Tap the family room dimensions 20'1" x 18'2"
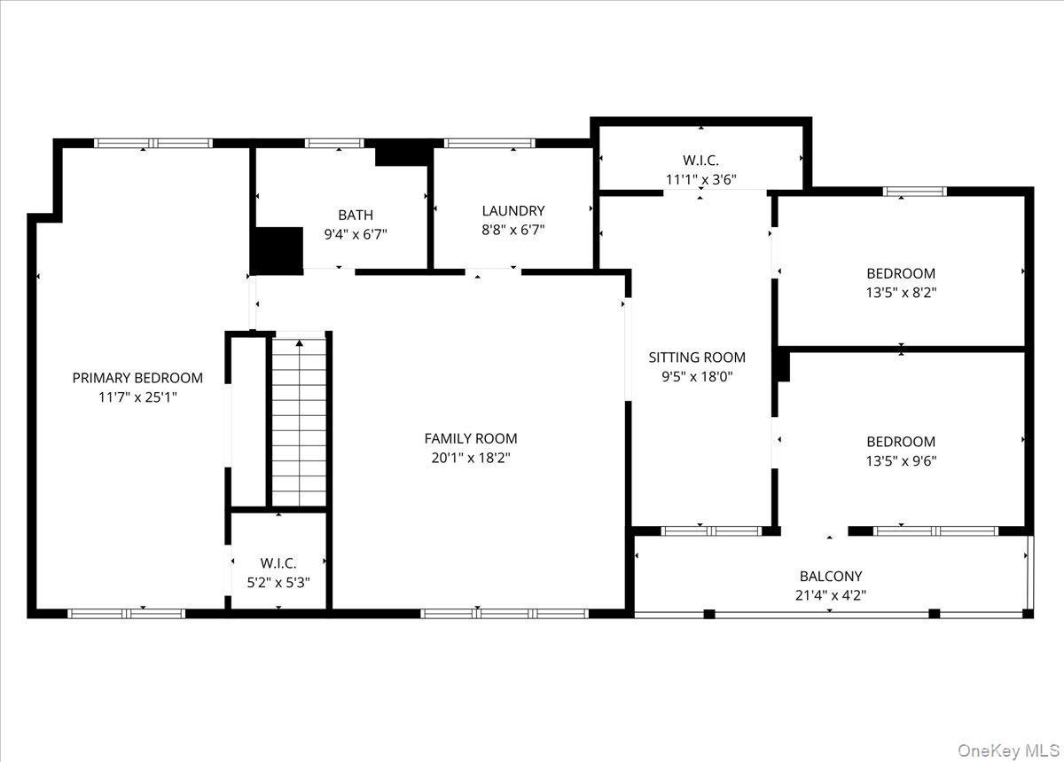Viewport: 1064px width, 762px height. pyautogui.click(x=470, y=458)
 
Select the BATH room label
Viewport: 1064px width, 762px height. pyautogui.click(x=355, y=215)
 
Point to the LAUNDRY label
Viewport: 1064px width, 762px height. pyautogui.click(x=512, y=211)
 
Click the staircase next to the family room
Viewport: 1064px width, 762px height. pyautogui.click(x=300, y=420)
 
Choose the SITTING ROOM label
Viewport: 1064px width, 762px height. pyautogui.click(x=697, y=357)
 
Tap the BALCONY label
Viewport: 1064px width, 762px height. pyautogui.click(x=830, y=576)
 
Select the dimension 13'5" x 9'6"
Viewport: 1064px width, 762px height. pyautogui.click(x=901, y=460)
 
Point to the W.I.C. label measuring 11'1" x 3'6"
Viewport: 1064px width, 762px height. pyautogui.click(x=700, y=161)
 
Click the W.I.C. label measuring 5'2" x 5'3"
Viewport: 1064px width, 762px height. pyautogui.click(x=278, y=563)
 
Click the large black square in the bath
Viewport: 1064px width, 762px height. pyautogui.click(x=278, y=249)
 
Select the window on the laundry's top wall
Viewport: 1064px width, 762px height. pyautogui.click(x=489, y=142)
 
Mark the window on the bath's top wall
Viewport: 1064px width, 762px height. pyautogui.click(x=334, y=142)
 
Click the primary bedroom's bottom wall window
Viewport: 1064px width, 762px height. pyautogui.click(x=127, y=613)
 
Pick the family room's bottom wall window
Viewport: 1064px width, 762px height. pyautogui.click(x=504, y=613)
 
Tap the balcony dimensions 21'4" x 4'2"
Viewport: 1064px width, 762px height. pyautogui.click(x=830, y=595)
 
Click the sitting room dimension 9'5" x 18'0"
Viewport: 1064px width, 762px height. pyautogui.click(x=697, y=376)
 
